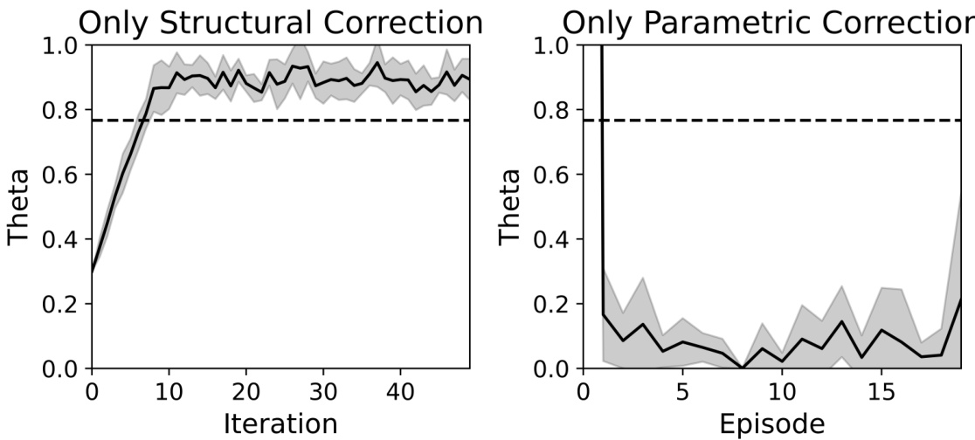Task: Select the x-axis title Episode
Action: (x=771, y=423)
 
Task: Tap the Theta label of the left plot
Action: (x=20, y=206)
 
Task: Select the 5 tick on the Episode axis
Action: (x=682, y=388)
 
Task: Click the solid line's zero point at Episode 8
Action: (x=743, y=368)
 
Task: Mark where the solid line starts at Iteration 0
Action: (x=92, y=272)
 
